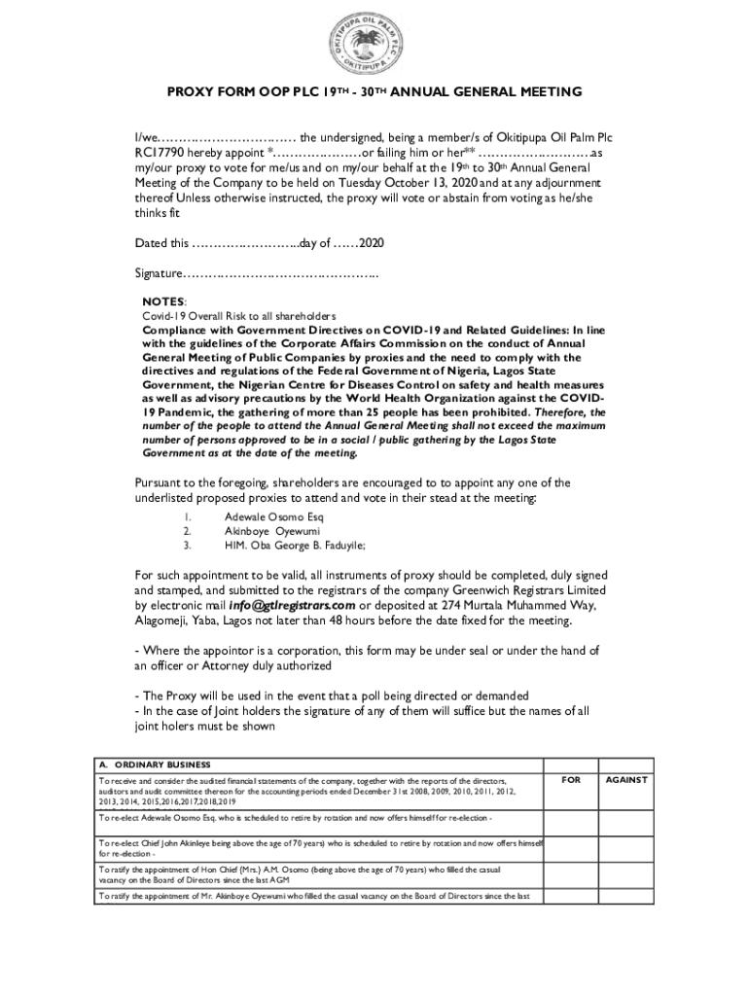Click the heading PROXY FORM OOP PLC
374,92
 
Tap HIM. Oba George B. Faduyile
296,547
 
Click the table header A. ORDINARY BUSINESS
155,765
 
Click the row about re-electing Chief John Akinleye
321,847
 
